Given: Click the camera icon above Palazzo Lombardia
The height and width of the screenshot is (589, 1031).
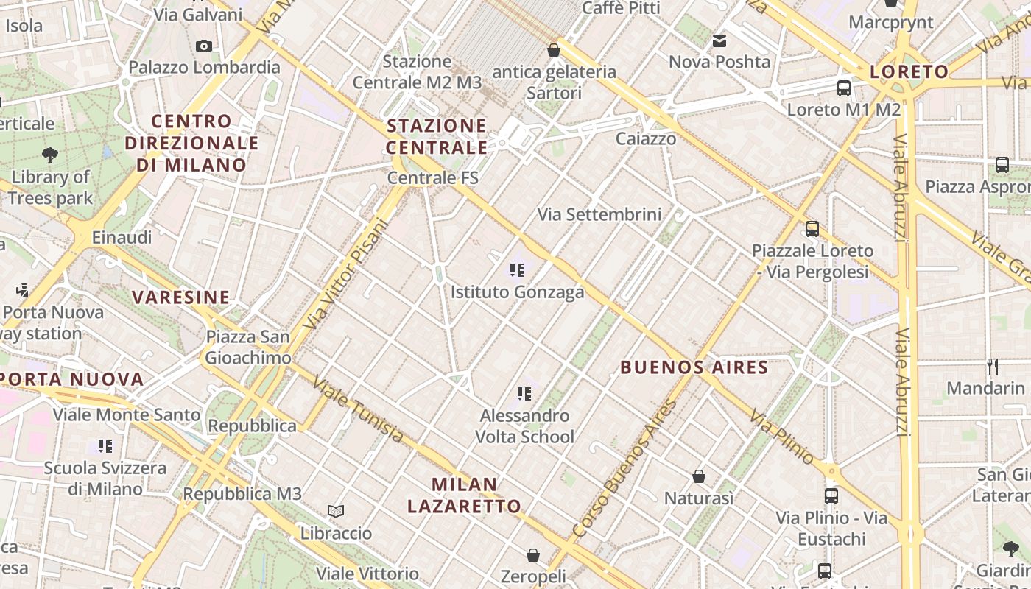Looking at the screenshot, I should pos(204,46).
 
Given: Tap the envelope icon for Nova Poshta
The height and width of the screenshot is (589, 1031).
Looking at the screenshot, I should pos(719,40).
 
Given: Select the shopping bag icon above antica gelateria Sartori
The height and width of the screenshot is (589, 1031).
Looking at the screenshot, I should pos(554,50).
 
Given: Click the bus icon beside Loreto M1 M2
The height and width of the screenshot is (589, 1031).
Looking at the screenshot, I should pos(844,88).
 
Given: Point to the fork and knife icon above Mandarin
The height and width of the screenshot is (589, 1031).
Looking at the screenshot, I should pos(993,366).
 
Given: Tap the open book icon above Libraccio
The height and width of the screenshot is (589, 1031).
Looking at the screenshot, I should pos(336,511).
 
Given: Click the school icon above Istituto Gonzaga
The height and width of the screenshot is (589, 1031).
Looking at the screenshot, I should pos(517,270).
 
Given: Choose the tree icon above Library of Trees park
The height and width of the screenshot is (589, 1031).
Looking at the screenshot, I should pos(50,155).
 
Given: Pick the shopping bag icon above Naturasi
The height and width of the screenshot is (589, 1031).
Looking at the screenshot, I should pos(699,476).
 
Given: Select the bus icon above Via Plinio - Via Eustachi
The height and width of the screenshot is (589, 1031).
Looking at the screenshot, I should pos(831,495).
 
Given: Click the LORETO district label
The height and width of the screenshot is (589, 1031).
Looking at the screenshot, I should pos(909,71).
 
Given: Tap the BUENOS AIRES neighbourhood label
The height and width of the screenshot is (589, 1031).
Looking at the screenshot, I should pos(694,367).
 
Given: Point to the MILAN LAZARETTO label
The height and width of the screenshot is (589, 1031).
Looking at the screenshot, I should pos(464,495).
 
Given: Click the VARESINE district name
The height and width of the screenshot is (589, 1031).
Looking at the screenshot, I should pos(180,297).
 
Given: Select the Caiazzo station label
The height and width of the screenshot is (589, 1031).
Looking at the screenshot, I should pos(645,138).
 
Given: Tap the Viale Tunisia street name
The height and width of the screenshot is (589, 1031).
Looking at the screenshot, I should pos(358,409).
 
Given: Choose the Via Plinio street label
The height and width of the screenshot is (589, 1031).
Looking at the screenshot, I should pos(782,437).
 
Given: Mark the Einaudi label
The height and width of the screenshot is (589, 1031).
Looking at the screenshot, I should pos(122,237).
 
